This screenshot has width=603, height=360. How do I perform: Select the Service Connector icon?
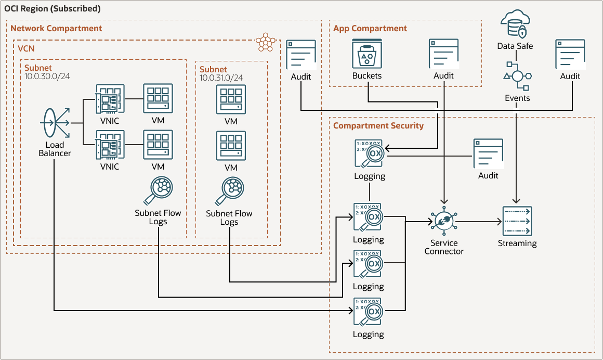(x=443, y=222)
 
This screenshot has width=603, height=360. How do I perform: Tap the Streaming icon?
(x=517, y=221)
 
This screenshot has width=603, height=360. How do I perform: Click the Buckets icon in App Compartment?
(x=367, y=54)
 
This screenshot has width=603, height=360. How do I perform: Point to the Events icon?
(x=517, y=76)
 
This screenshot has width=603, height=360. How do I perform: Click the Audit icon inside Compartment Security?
(x=488, y=153)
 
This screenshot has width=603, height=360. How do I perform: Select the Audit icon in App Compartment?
(x=443, y=54)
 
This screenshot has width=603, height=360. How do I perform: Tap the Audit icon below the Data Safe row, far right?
(x=570, y=54)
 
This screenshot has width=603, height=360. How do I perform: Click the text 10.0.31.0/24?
(x=221, y=78)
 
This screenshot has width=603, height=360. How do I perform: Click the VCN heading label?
(x=26, y=48)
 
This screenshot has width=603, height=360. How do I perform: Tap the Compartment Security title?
(x=378, y=125)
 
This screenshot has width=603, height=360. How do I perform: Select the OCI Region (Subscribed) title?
(x=53, y=9)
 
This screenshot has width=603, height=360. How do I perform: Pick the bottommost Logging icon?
(x=368, y=312)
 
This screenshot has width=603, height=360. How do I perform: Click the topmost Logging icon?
(x=368, y=153)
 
